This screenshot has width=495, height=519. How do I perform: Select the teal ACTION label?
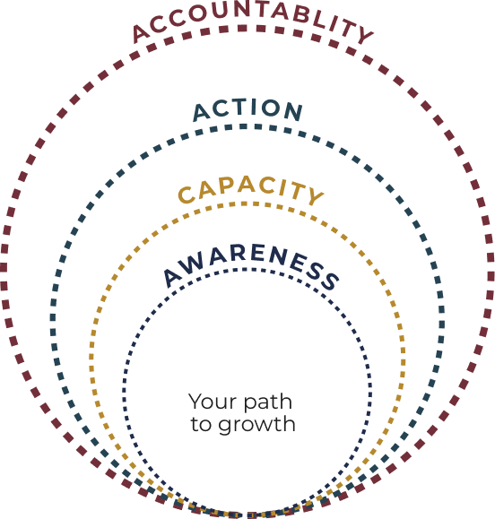(x=247, y=110)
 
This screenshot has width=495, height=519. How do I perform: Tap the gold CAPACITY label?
(x=251, y=190)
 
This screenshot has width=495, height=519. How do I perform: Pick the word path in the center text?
(x=268, y=402)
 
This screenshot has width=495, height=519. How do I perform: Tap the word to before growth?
(x=201, y=424)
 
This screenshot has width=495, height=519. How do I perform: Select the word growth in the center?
(x=256, y=425)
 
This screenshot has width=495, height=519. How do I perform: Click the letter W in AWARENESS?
(x=191, y=264)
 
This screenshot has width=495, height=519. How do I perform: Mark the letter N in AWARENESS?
(x=278, y=256)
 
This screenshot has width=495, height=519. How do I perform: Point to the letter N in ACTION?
(x=293, y=111)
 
